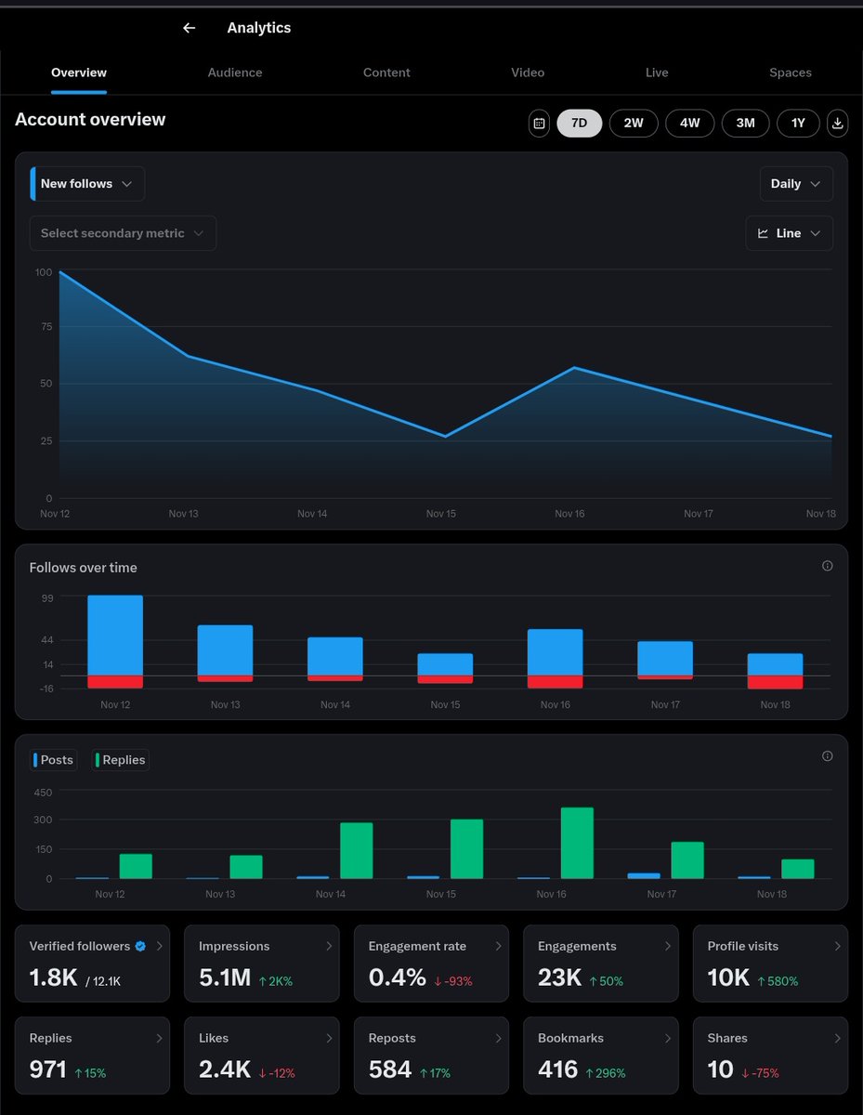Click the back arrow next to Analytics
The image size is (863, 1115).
190,28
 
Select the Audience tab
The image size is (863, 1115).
235,72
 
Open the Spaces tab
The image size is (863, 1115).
791,72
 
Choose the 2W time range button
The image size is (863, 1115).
634,123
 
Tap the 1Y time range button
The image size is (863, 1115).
798,123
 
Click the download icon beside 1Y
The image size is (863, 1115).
838,123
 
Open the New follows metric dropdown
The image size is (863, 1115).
87,184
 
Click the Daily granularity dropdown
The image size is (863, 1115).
795,184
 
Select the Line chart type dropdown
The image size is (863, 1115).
789,233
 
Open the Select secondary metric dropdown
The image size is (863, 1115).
123,233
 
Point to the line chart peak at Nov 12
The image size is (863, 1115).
60,272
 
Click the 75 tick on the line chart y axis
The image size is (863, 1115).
44,327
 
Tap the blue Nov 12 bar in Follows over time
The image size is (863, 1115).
115,635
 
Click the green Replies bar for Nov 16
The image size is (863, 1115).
577,842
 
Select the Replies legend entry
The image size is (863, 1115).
122,760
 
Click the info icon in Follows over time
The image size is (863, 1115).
828,566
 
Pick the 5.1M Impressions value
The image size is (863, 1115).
224,977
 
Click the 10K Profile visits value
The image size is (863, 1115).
728,977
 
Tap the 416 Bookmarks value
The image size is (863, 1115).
557,1069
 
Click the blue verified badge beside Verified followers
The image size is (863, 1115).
140,946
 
